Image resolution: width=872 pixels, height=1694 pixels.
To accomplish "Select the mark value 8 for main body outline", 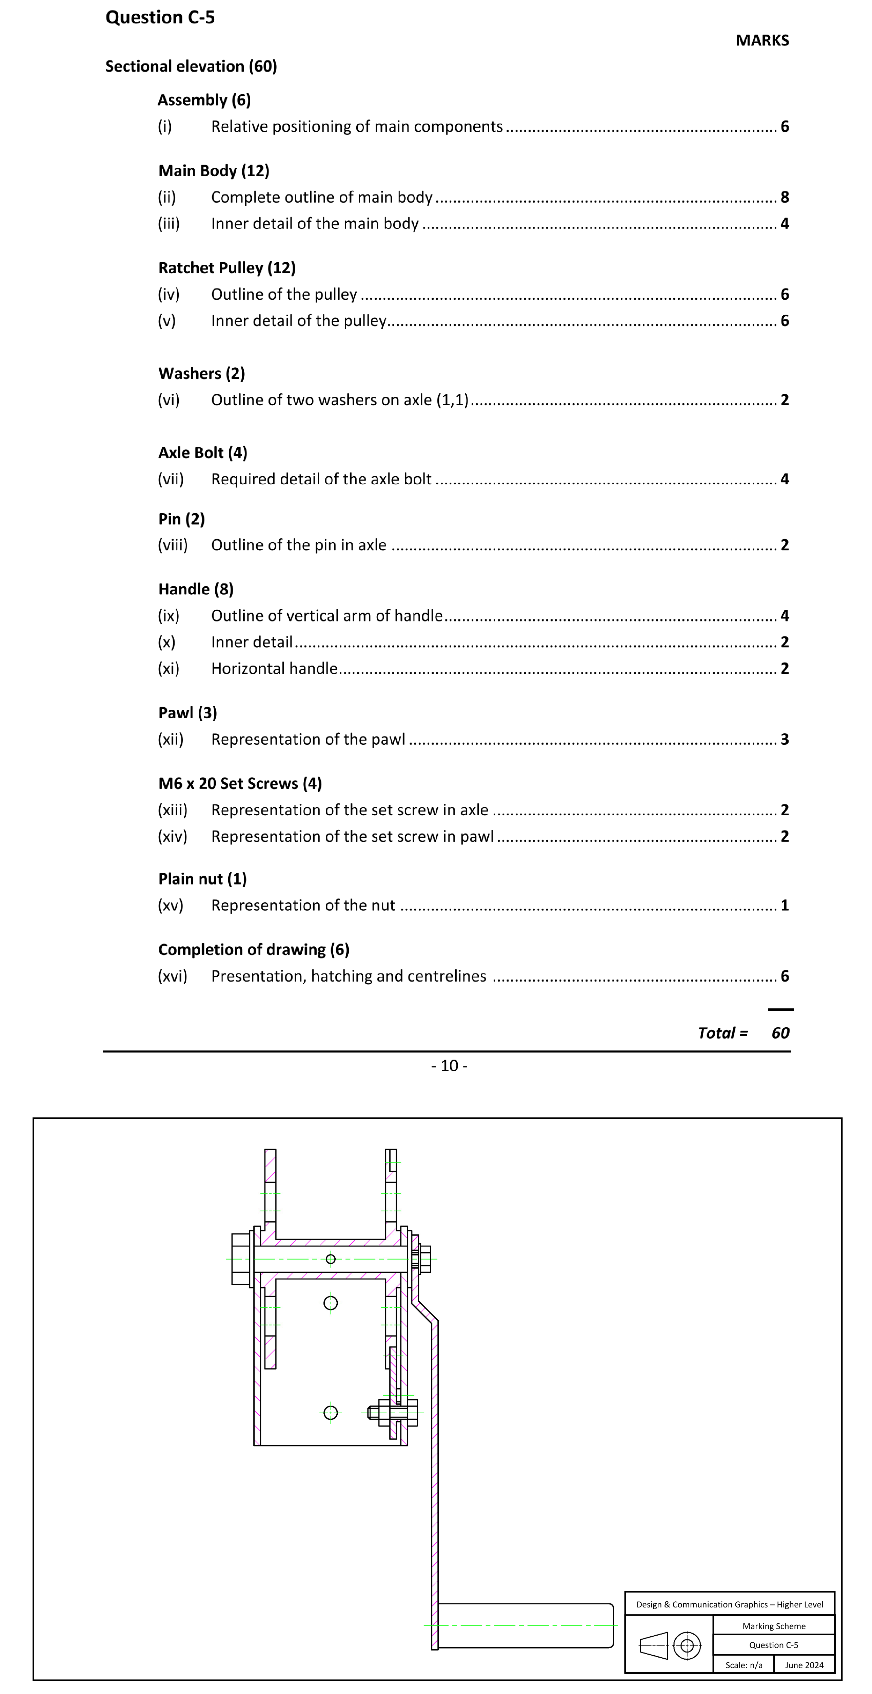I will click(x=784, y=197).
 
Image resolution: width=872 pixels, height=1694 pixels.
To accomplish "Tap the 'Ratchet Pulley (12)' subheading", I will click(x=227, y=268).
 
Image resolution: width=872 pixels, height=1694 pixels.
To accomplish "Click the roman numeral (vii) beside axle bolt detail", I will click(x=170, y=479).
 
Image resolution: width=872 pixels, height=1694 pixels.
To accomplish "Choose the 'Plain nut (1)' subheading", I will click(x=202, y=878).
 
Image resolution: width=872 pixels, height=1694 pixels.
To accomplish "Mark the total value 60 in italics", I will click(x=780, y=1032).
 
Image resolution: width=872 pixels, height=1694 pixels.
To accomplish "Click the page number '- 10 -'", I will click(x=449, y=1065).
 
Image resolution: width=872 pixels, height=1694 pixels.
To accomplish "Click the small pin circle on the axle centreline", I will click(x=331, y=1259).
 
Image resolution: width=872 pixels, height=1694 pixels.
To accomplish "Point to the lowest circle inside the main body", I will click(x=331, y=1412).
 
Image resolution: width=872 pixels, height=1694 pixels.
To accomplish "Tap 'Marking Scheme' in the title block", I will click(x=773, y=1626).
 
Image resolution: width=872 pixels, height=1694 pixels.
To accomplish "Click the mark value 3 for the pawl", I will click(x=784, y=739).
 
